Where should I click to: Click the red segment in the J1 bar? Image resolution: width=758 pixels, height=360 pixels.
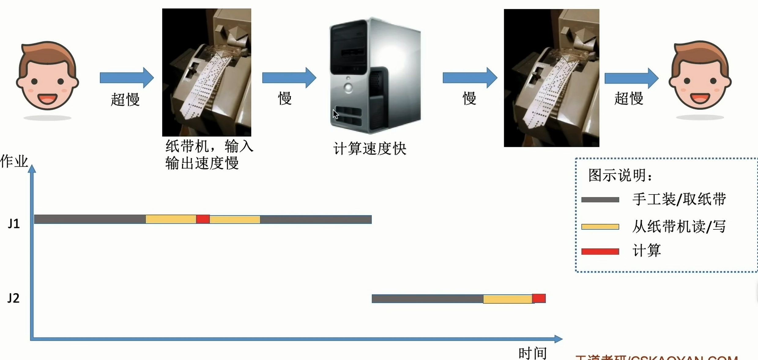point(203,219)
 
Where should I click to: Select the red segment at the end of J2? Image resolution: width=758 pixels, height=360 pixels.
point(539,298)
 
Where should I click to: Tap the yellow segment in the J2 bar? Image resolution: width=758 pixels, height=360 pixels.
point(507,299)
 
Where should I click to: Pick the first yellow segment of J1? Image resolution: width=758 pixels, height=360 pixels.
point(171,219)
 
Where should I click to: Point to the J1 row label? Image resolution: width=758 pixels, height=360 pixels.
point(14,224)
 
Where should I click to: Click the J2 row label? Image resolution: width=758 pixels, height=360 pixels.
point(13,298)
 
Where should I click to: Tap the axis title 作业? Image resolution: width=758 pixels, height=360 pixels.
point(14,161)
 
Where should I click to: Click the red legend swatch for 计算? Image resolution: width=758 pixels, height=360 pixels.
point(600,251)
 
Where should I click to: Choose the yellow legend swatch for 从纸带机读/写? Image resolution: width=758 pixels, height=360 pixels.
point(600,227)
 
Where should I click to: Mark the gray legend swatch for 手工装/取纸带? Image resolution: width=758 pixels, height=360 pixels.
point(600,200)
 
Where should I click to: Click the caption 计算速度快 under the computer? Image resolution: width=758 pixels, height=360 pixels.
point(370,149)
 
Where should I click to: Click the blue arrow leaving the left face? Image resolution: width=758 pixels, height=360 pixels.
point(127,78)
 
